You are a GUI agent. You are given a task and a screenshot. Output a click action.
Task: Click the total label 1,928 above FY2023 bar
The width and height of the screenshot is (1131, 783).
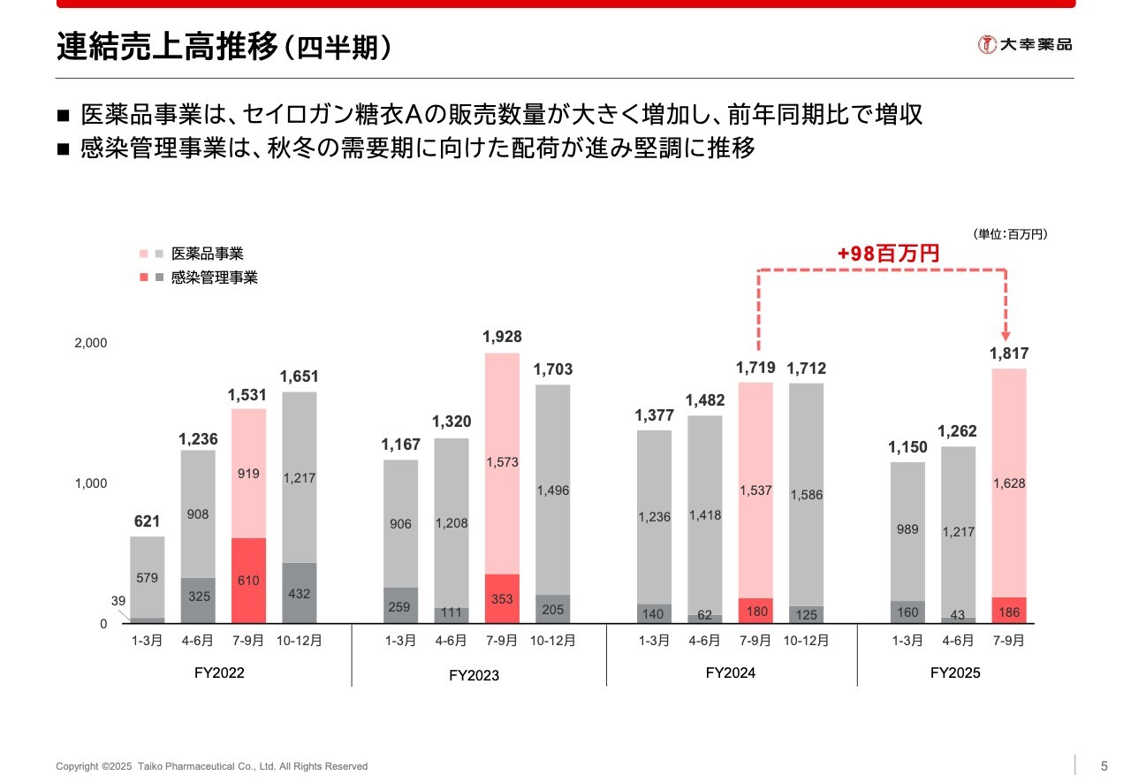502,337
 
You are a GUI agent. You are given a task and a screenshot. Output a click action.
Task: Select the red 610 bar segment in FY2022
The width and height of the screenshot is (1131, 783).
248,581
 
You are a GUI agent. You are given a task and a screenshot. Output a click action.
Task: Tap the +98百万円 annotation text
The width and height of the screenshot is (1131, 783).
888,254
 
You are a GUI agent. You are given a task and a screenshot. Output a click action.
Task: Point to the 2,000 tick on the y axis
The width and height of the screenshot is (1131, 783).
89,343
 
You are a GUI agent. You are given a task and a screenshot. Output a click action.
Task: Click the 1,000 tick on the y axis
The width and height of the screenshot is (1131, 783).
89,483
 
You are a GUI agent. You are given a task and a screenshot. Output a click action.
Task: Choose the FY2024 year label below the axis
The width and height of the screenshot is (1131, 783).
730,673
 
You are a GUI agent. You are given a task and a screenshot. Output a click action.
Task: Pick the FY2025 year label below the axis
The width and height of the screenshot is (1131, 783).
955,673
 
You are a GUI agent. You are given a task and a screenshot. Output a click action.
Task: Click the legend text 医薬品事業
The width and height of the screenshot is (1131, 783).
207,254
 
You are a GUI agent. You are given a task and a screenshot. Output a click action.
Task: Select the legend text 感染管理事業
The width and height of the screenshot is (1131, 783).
214,277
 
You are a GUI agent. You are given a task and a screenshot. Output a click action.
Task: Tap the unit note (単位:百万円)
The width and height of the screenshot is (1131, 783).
1010,234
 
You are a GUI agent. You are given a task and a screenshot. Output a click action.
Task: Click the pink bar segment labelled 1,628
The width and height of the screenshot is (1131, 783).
1008,483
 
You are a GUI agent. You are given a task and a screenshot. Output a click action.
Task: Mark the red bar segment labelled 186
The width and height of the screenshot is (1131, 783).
1008,611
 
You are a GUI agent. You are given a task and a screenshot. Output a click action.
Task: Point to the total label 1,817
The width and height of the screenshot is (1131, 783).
1008,353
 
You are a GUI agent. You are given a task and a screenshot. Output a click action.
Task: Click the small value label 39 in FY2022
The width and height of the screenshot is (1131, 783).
118,601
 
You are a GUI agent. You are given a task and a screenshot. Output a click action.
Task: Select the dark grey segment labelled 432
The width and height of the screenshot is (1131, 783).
300,593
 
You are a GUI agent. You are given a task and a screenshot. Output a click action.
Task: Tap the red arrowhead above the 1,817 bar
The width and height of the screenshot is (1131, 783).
1006,337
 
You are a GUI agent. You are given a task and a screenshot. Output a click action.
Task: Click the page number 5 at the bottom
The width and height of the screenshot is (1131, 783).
1104,765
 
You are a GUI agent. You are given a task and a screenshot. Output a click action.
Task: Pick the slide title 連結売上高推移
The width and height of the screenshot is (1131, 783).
168,46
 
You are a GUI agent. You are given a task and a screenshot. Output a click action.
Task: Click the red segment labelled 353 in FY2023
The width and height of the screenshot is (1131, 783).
502,599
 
